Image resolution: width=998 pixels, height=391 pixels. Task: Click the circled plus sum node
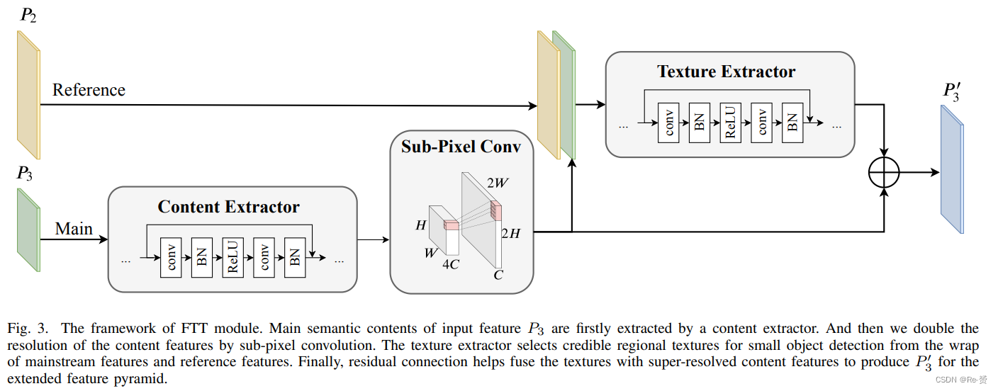click(x=884, y=172)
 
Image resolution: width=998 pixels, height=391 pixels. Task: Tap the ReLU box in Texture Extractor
click(x=730, y=123)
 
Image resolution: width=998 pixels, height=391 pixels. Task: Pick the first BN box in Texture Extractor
click(x=699, y=123)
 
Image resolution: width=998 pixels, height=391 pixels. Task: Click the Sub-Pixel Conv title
click(x=461, y=147)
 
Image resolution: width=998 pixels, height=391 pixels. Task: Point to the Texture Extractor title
click(x=726, y=72)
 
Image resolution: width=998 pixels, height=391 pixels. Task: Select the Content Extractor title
click(x=228, y=207)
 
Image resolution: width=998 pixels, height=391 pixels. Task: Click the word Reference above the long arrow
click(x=89, y=90)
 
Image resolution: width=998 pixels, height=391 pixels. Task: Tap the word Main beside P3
click(x=74, y=228)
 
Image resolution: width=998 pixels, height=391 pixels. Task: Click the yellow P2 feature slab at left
click(x=28, y=95)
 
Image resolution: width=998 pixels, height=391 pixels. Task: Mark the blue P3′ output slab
click(x=952, y=169)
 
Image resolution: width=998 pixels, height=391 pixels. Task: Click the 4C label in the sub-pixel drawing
click(x=450, y=265)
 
